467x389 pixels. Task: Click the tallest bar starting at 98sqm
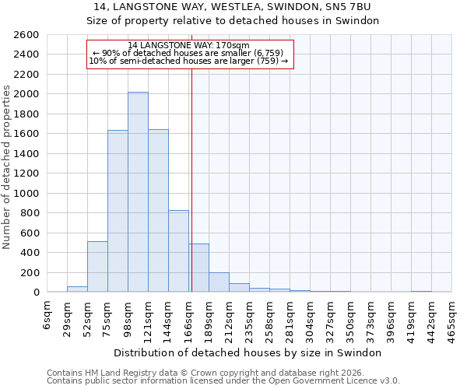point(138,192)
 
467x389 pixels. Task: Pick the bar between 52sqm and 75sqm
point(97,267)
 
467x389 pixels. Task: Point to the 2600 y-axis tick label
point(26,35)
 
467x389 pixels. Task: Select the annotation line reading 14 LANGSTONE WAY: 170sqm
point(188,45)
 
